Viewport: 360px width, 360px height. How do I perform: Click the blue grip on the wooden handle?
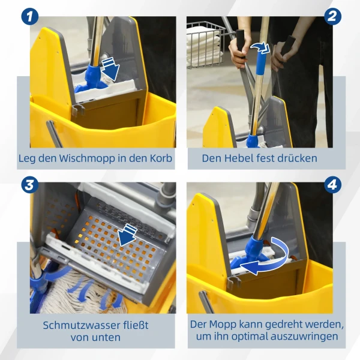coord(261,63)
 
